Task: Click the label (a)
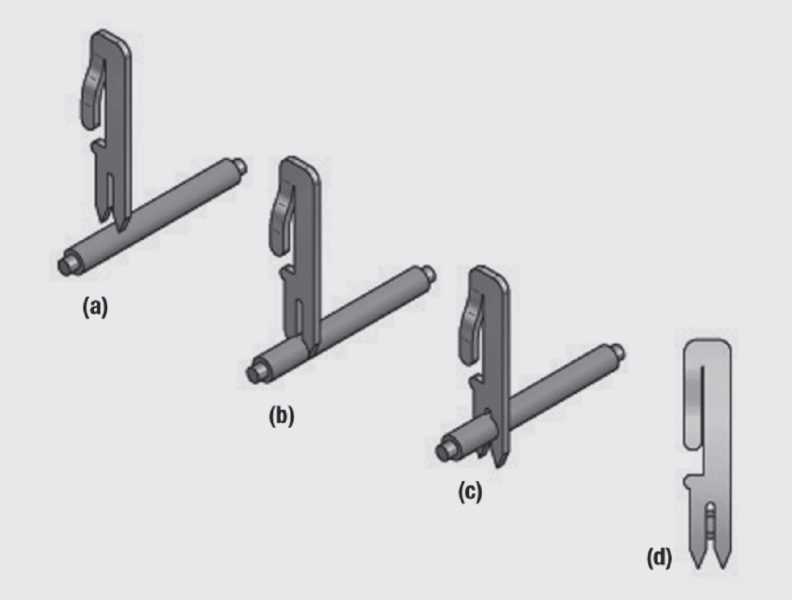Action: [95, 307]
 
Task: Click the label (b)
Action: [281, 416]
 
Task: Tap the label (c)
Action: [469, 492]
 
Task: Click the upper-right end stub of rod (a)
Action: [240, 166]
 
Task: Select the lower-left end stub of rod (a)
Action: [66, 265]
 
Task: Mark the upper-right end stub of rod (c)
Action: [617, 351]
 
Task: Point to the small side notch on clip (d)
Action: [688, 479]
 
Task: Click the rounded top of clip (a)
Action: [112, 38]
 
